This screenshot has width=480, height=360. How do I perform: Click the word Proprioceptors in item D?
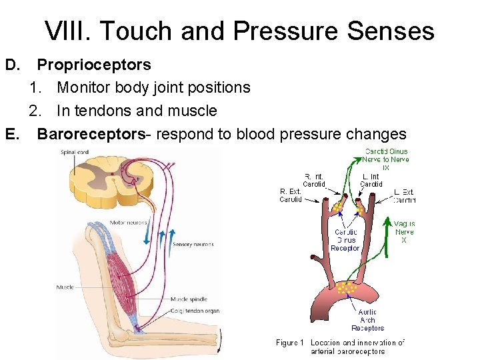(94, 65)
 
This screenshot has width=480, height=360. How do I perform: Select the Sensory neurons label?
(193, 245)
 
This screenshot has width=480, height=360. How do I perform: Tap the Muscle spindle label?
(189, 299)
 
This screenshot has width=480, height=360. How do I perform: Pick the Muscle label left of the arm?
(65, 287)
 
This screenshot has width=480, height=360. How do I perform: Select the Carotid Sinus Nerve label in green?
(386, 159)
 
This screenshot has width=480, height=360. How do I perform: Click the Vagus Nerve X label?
(404, 232)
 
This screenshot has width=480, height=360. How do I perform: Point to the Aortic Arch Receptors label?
(367, 320)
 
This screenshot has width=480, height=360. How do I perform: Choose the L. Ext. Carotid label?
(404, 195)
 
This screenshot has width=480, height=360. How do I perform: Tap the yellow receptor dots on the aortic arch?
(346, 287)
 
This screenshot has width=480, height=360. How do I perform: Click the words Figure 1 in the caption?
(290, 343)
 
